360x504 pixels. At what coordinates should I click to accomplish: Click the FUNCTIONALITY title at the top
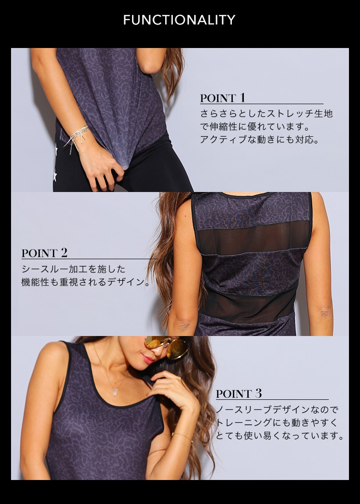(x=180, y=20)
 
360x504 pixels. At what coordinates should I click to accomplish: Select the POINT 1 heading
(x=222, y=98)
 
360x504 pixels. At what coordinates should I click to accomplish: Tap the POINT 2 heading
(x=44, y=253)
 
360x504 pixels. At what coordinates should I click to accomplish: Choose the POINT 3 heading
(x=239, y=394)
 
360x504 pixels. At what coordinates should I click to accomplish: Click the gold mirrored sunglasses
(x=167, y=347)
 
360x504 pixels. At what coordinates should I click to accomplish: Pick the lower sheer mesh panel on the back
(x=248, y=305)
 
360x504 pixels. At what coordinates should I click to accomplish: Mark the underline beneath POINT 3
(x=272, y=399)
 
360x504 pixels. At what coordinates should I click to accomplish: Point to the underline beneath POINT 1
(x=262, y=104)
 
